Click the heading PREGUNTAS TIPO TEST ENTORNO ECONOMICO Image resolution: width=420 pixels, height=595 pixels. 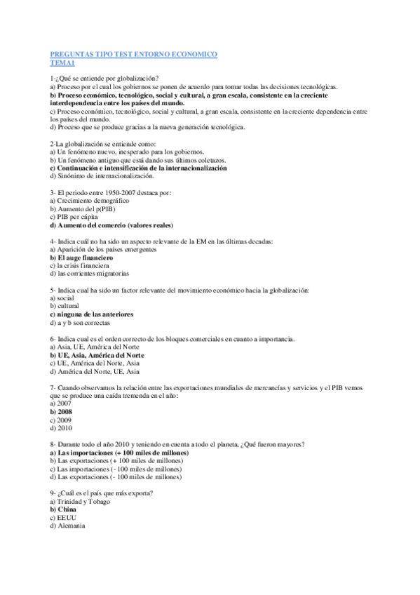click(134, 54)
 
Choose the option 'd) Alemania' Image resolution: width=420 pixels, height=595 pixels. click(68, 526)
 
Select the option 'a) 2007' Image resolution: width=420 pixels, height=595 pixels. click(61, 404)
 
